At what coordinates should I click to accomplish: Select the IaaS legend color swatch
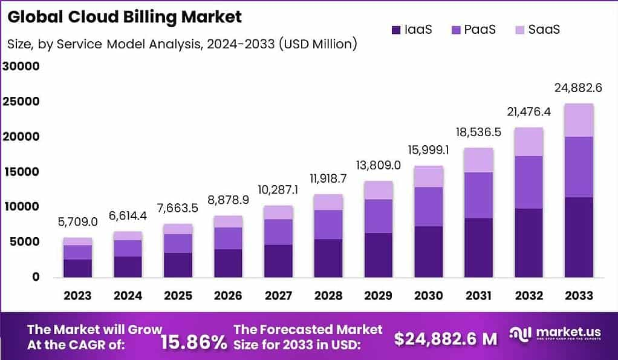[x=397, y=29]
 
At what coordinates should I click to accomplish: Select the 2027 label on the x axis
[x=278, y=295]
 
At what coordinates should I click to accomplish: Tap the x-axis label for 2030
[x=428, y=295]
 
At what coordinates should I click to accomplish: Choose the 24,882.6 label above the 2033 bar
[x=578, y=88]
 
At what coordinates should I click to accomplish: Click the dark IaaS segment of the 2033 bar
[x=578, y=237]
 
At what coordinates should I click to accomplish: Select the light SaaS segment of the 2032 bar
[x=528, y=142]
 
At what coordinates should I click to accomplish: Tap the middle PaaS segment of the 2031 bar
[x=478, y=195]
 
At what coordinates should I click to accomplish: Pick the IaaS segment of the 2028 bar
[x=328, y=258]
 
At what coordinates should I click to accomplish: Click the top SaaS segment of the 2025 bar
[x=178, y=229]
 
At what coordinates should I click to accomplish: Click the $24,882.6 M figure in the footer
[x=446, y=339]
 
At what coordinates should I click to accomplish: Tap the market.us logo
[x=556, y=337]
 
